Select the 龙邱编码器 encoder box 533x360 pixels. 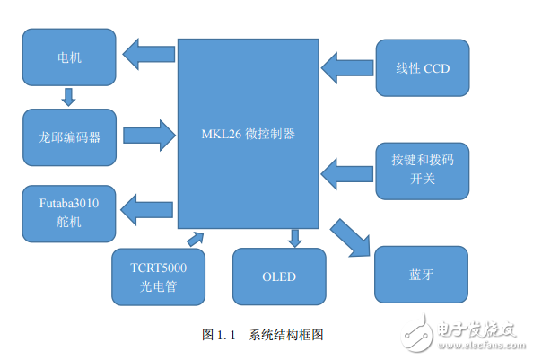click(x=69, y=136)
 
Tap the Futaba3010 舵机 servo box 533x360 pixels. click(x=69, y=212)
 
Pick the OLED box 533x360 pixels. click(x=278, y=276)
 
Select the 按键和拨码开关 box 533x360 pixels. click(x=422, y=169)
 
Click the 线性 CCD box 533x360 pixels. click(x=422, y=67)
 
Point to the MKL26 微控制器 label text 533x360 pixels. click(x=249, y=134)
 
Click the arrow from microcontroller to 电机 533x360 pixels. click(x=149, y=56)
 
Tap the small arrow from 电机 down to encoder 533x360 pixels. click(x=68, y=96)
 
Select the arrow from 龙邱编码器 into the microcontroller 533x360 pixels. click(x=149, y=136)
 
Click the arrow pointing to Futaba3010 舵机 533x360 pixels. click(x=149, y=212)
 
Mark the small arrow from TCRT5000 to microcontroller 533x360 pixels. click(x=195, y=237)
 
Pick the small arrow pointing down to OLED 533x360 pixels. click(x=295, y=238)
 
